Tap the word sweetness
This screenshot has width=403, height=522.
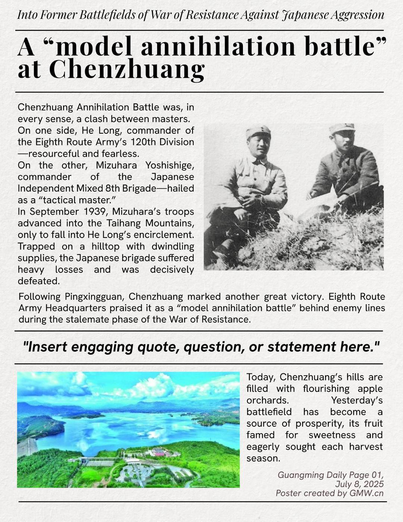point(330,435)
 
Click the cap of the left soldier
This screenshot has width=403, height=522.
point(258,131)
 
